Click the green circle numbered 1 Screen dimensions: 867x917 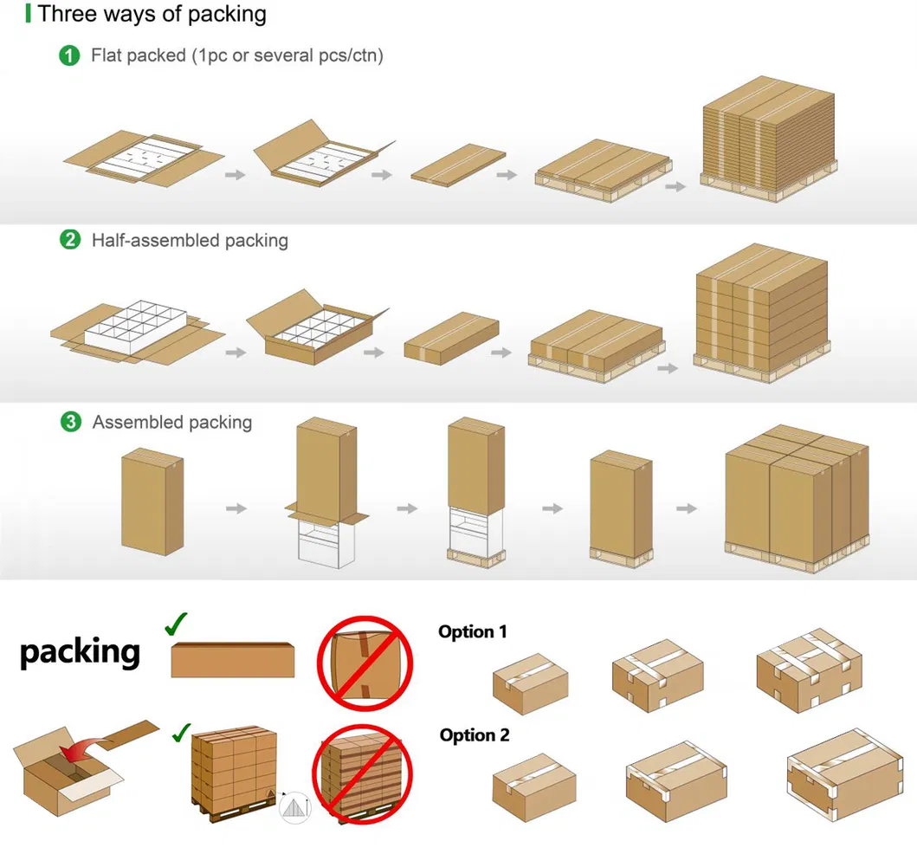coord(69,56)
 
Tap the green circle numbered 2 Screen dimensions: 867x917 coord(69,240)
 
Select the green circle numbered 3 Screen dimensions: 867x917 coord(69,423)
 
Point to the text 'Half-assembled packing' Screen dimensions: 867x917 coord(190,240)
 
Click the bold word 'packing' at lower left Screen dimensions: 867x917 coord(80,651)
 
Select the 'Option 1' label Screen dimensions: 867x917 coord(472,631)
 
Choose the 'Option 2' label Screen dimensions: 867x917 coord(474,735)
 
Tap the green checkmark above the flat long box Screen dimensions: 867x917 coord(176,624)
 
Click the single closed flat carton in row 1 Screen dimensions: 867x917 coord(458,164)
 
